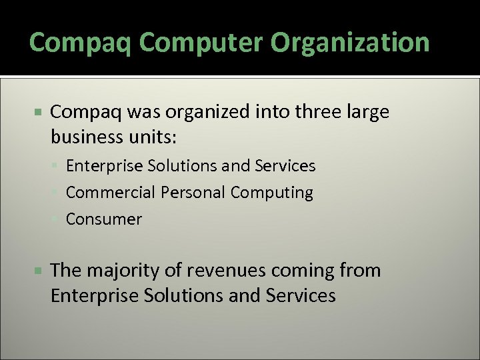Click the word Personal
tap(192, 193)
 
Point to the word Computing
tap(272, 193)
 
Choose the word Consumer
tap(104, 219)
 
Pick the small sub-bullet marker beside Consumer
tap(59, 219)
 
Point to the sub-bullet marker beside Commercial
tap(59, 193)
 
